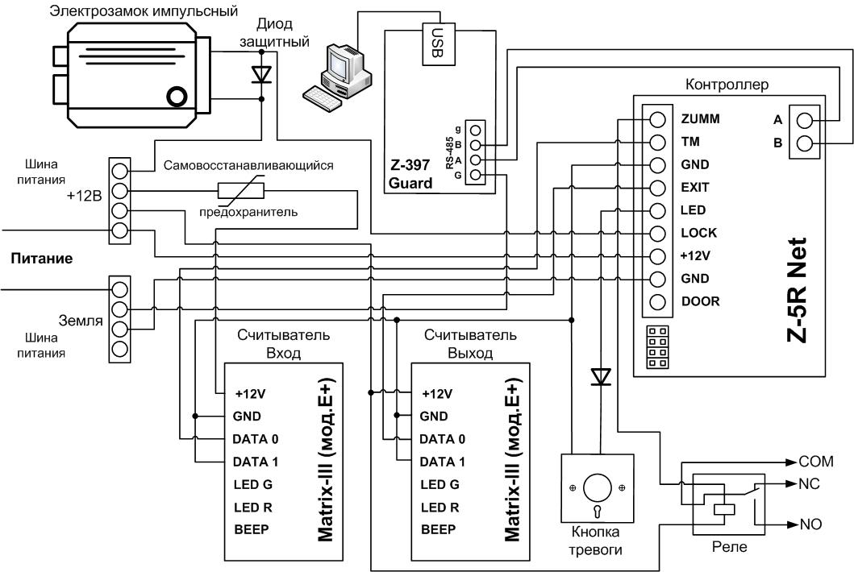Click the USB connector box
point(439,44)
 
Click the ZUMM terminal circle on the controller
point(657,119)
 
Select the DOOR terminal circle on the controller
point(657,301)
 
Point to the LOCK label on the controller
point(699,233)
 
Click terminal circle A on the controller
point(805,120)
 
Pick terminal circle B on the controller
point(805,143)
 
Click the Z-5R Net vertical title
point(797,289)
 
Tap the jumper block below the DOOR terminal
point(657,347)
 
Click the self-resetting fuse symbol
point(241,190)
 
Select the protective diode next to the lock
point(262,75)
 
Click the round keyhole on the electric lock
point(177,97)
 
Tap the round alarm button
point(598,488)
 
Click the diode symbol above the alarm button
point(601,376)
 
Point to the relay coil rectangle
point(724,510)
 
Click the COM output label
point(816,462)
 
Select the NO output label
point(810,524)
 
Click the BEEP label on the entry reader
point(251,529)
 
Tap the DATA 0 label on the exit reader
point(442,439)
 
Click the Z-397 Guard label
point(410,174)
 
